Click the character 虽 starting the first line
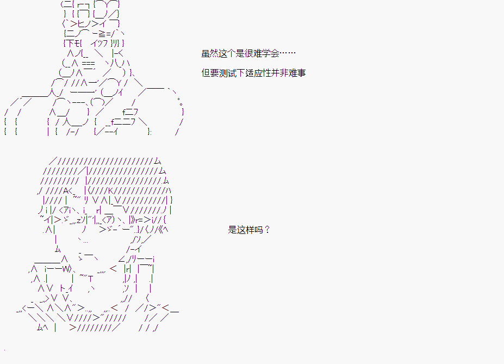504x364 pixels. (206, 53)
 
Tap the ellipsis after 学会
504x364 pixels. (288, 53)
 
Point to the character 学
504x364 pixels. (266, 53)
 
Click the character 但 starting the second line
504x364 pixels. (206, 73)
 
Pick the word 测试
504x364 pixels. (228, 73)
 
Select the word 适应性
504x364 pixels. (258, 73)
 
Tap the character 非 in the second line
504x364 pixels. (284, 73)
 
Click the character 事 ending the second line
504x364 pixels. (301, 73)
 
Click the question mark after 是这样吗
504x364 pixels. (267, 230)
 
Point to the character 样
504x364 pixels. (250, 230)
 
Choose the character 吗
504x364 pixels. (258, 230)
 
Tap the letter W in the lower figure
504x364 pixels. (66, 269)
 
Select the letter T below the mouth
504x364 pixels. (91, 279)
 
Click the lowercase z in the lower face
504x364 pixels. (79, 220)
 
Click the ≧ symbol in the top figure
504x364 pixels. (102, 33)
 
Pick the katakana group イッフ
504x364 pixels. (99, 43)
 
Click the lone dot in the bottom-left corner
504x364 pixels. (4, 349)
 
